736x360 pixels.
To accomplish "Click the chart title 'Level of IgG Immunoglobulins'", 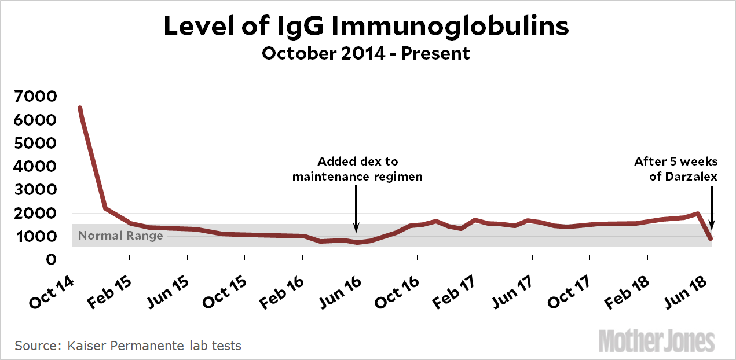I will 366,26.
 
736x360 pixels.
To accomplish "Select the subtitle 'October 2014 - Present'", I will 366,54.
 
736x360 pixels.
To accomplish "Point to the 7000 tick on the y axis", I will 36,97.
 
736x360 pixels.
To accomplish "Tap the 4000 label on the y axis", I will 36,167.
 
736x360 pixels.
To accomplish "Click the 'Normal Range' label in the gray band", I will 120,236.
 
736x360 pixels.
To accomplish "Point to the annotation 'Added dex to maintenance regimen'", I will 357,168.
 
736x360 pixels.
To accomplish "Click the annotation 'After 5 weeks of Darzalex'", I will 676,168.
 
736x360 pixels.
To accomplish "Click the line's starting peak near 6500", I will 80,108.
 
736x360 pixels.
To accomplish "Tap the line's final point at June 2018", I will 710,238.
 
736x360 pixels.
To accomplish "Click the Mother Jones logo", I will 657,340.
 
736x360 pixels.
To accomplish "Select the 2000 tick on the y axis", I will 36,213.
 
